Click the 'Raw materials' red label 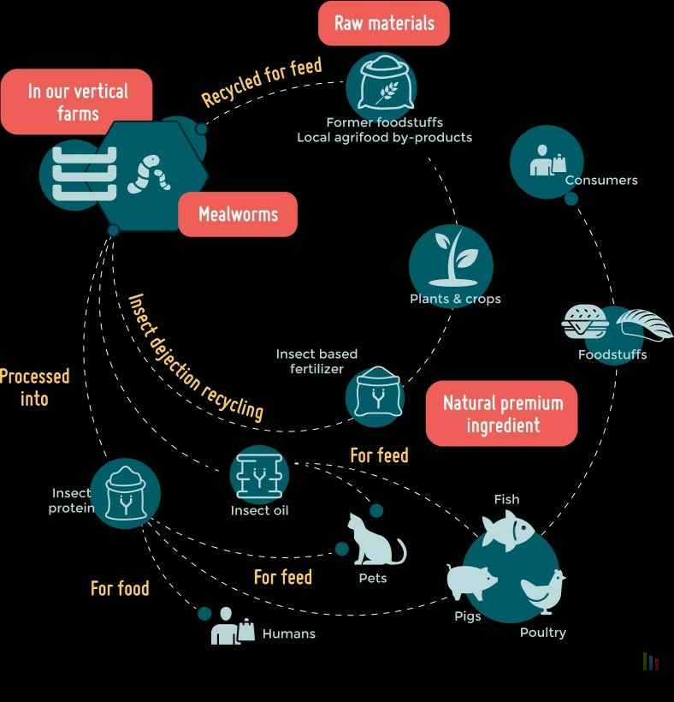pyautogui.click(x=383, y=23)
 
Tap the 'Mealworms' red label pyautogui.click(x=238, y=214)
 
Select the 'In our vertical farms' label pyautogui.click(x=77, y=102)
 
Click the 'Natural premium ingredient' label pyautogui.click(x=502, y=413)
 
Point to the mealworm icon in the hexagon pyautogui.click(x=148, y=172)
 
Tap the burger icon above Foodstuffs pyautogui.click(x=585, y=322)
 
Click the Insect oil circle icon pyautogui.click(x=259, y=473)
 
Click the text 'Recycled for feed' pyautogui.click(x=262, y=82)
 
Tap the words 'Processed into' pyautogui.click(x=34, y=387)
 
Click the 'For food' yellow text pyautogui.click(x=120, y=589)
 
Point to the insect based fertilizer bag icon pyautogui.click(x=374, y=395)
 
